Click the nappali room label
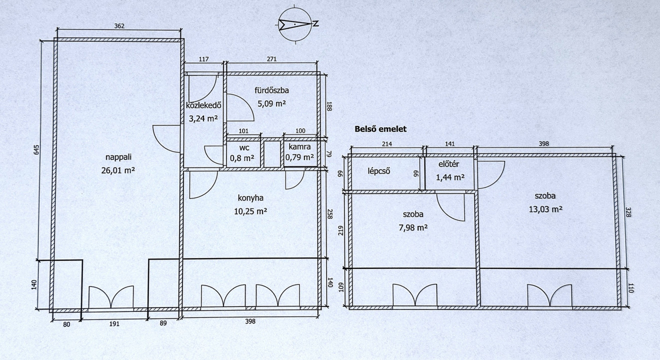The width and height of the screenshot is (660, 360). pos(118,157)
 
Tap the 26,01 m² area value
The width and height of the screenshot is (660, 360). pos(118,170)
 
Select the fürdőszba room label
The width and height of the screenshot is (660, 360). pos(271,90)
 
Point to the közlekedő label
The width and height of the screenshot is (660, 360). pos(203,105)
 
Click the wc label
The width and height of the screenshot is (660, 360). pos(244,148)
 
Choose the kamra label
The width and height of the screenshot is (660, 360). pos(299,146)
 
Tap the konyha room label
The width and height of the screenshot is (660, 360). pos(250,198)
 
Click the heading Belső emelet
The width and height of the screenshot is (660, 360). pos(380,129)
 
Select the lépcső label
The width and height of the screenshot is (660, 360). pos(379,171)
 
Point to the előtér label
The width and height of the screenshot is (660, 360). pos(448,164)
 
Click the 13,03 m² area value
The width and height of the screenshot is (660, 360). pos(545,209)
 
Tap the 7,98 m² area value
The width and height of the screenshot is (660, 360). pos(413,227)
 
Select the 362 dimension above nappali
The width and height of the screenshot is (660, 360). pos(119,26)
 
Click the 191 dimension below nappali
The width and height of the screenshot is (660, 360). pos(114,324)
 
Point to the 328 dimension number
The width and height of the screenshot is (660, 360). pos(628,212)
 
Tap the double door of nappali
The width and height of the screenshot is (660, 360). pos(111,297)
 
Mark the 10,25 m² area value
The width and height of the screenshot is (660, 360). pos(250,211)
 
